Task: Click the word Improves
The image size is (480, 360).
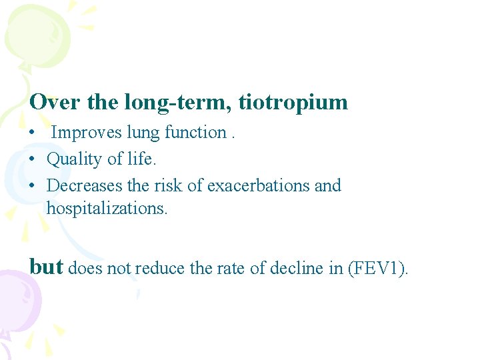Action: (87, 133)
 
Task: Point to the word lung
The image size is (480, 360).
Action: (143, 133)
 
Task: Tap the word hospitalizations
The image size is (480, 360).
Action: (107, 208)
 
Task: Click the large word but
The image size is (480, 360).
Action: (46, 267)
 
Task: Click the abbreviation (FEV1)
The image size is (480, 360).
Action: (378, 269)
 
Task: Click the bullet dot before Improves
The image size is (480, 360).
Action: (33, 133)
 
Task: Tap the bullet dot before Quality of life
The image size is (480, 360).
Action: (33, 160)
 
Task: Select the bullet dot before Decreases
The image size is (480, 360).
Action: (33, 186)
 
